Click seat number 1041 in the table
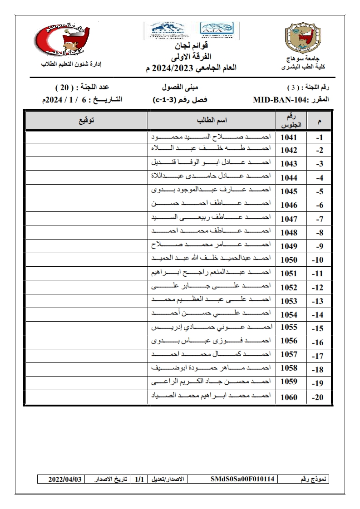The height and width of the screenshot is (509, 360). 289,137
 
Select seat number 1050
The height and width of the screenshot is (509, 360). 289,260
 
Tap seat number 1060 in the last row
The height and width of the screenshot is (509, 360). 289,397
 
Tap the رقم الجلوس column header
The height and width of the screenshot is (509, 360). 289,121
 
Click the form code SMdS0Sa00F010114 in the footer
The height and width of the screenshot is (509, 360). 242,479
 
